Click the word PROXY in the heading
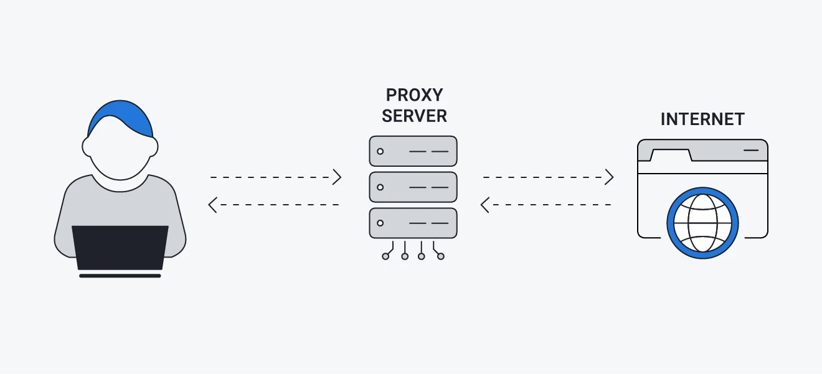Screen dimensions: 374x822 pos(414,95)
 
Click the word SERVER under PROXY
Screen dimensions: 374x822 pos(414,116)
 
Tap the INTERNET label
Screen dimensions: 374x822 pos(702,119)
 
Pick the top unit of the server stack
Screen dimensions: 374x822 pos(413,151)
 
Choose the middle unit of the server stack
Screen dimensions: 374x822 pos(413,187)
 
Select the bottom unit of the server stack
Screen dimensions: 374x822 pos(413,223)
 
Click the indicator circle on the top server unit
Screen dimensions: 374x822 pos(380,151)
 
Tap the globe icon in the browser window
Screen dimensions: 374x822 pos(702,223)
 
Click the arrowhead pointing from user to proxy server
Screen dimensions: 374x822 pos(338,177)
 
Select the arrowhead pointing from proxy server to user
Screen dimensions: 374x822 pos(212,205)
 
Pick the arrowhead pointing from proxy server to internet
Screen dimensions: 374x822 pos(610,177)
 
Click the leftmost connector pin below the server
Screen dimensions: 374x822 pos(386,256)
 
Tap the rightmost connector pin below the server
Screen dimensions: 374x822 pos(441,256)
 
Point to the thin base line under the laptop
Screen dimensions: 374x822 pos(120,275)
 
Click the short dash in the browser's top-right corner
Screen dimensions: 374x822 pos(751,151)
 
